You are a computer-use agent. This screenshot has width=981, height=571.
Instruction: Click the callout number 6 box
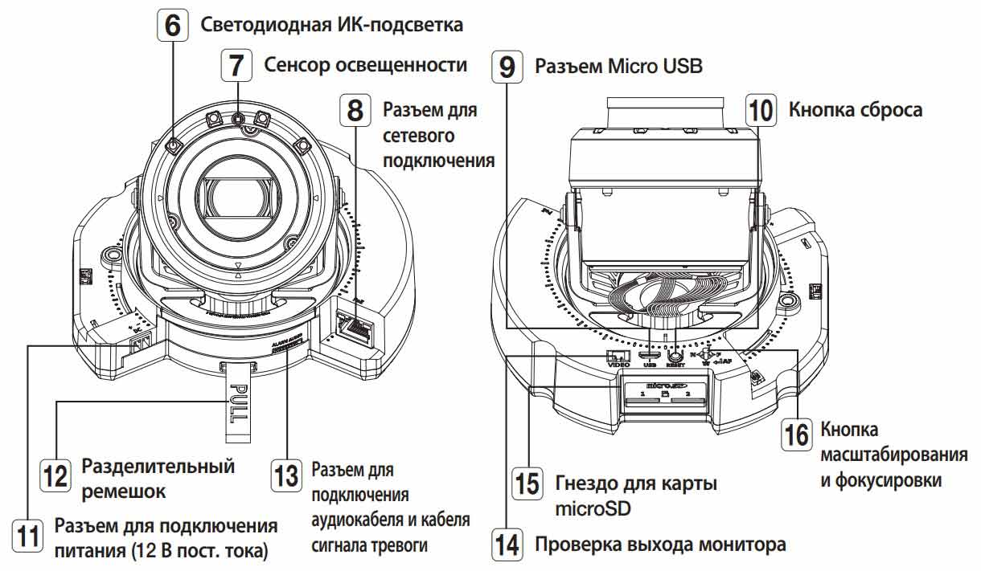tap(172, 25)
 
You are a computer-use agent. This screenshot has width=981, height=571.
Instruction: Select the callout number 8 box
tap(355, 110)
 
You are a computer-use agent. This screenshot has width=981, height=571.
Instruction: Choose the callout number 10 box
tap(761, 109)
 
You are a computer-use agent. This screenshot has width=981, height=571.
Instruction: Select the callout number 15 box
tap(527, 483)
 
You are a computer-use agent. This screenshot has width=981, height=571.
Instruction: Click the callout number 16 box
tap(797, 434)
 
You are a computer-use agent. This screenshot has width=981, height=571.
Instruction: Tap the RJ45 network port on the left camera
tap(354, 324)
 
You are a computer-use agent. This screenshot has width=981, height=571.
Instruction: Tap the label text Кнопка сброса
tap(856, 109)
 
